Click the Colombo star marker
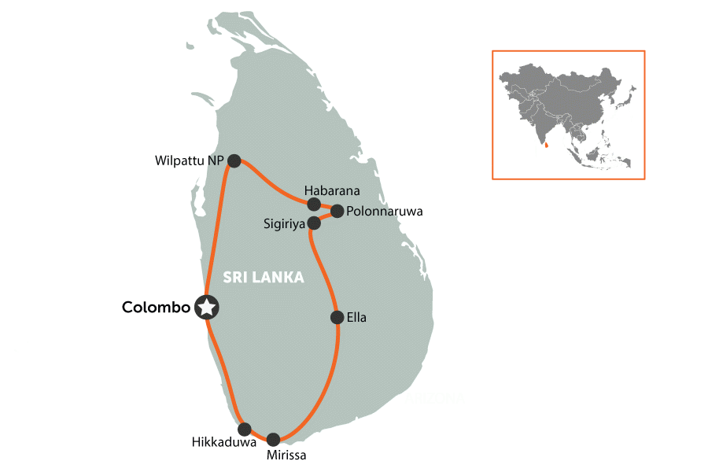[206, 308]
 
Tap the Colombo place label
[156, 308]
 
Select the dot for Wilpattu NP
[234, 160]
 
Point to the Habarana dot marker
[313, 205]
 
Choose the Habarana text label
[332, 191]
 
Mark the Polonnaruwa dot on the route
[337, 211]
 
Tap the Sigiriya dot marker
[314, 223]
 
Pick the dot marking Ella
[337, 318]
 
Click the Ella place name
[357, 318]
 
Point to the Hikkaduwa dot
[245, 430]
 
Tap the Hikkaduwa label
[224, 443]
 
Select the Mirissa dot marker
[273, 440]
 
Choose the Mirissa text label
[286, 455]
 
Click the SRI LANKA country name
[264, 278]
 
